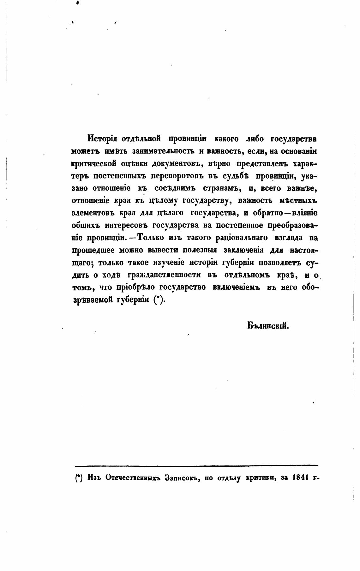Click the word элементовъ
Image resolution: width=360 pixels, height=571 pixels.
90,213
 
